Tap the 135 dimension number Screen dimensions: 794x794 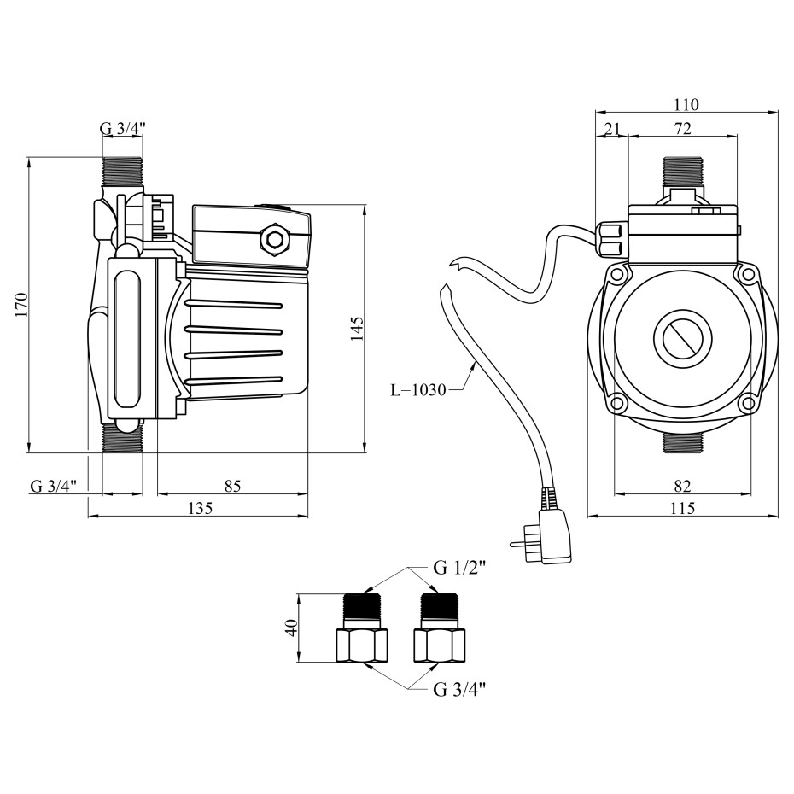[x=199, y=508]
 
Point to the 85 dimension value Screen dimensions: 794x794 [x=233, y=486]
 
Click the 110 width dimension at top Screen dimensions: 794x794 [x=686, y=105]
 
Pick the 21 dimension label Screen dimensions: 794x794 [x=611, y=129]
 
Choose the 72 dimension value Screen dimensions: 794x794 [x=682, y=129]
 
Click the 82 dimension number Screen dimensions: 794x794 [x=682, y=486]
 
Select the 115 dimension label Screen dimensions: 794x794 [x=683, y=508]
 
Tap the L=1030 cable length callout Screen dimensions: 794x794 [x=418, y=390]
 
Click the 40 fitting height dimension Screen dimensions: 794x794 [x=290, y=628]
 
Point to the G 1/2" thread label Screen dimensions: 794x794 [x=459, y=568]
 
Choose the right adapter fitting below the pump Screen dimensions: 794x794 [x=439, y=628]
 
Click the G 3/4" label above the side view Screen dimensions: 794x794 [x=123, y=130]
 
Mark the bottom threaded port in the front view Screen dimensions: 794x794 [x=681, y=441]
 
